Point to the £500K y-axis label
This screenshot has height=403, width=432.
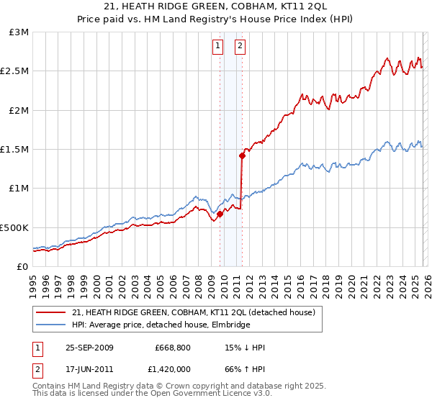click(14, 227)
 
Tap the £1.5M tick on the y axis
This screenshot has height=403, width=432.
click(15, 150)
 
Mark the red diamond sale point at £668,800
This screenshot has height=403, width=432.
click(220, 214)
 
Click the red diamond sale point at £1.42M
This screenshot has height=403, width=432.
click(242, 155)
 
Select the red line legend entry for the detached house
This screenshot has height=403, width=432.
click(193, 313)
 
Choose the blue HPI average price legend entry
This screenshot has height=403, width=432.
click(160, 325)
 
